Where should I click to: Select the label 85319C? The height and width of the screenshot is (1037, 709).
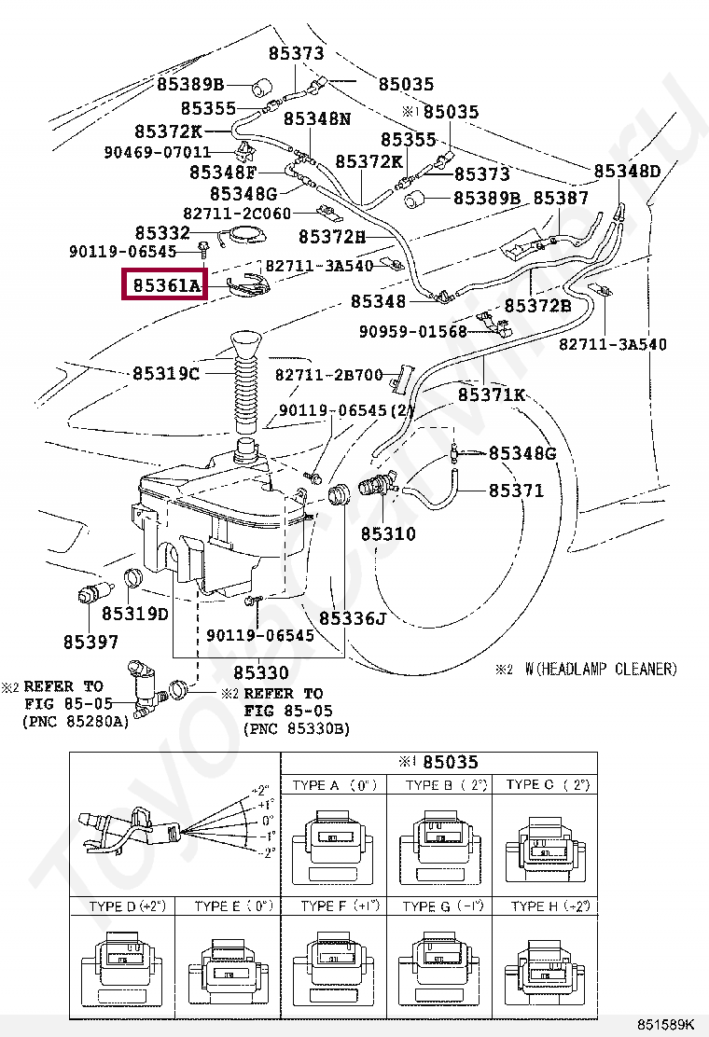point(166,373)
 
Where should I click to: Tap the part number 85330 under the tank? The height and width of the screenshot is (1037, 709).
point(260,672)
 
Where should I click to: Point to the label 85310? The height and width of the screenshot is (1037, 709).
point(388,534)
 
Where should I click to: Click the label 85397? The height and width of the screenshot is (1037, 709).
point(91,642)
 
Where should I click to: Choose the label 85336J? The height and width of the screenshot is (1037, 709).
point(352,618)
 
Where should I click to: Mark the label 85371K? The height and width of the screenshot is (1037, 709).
point(492,394)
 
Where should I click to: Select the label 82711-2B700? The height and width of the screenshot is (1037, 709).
point(329,375)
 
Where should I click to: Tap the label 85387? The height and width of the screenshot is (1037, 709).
point(560,199)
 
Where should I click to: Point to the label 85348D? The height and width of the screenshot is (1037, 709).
point(627,172)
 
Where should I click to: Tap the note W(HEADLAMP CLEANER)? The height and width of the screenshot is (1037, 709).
point(601,669)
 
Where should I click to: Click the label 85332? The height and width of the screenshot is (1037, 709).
point(162,233)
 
